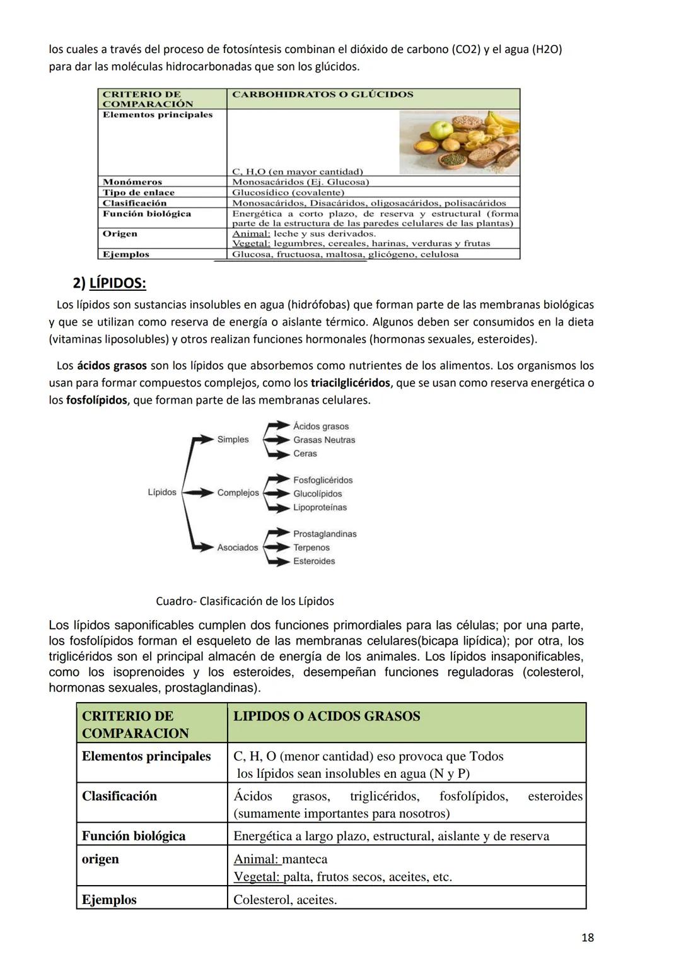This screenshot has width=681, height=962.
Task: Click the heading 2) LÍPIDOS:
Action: (x=109, y=283)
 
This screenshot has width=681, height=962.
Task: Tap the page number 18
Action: (x=586, y=937)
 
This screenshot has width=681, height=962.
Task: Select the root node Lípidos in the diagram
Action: (x=161, y=492)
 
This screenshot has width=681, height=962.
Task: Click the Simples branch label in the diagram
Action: (x=233, y=440)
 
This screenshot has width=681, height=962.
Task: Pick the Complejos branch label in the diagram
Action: (x=238, y=493)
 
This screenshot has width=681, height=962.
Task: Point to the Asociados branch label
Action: (x=237, y=548)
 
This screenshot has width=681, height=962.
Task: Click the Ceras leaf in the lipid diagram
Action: (x=305, y=454)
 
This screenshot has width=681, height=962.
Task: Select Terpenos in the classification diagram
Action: (x=311, y=548)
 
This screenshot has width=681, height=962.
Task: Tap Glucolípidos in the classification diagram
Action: (x=317, y=494)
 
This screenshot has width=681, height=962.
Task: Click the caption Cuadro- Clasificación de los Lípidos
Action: (x=245, y=601)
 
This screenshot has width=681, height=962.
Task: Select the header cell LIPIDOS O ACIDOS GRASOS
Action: (x=326, y=716)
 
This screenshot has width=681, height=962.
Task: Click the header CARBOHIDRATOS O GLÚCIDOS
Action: (x=322, y=95)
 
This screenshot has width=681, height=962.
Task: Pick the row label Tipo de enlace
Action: (x=138, y=192)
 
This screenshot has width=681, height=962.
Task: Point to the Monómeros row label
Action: (x=132, y=182)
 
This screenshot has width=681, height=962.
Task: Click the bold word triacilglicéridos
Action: (x=350, y=383)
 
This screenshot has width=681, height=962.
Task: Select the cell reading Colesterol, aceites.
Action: (x=284, y=900)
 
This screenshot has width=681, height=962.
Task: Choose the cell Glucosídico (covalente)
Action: (x=288, y=192)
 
